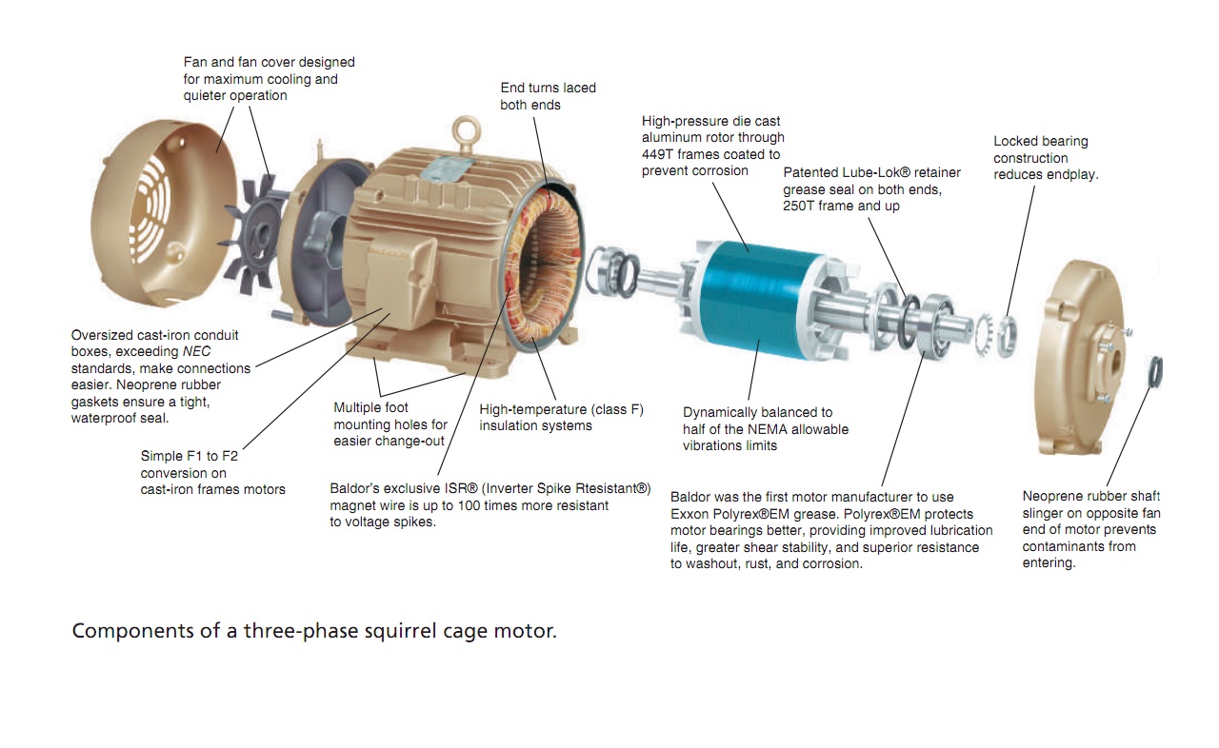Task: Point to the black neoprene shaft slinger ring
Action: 1155,372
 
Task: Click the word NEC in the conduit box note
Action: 196,352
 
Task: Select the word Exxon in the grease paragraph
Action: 688,514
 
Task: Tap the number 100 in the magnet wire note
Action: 468,505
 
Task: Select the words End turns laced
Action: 548,89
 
